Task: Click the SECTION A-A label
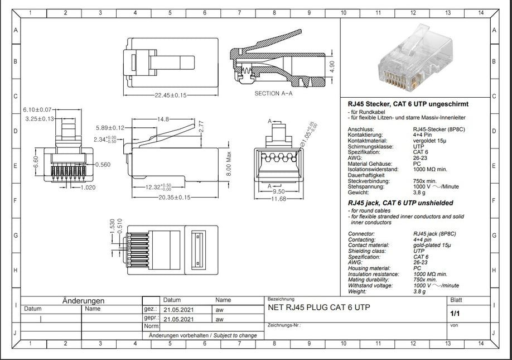coord(273,93)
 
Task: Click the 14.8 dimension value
coord(162,119)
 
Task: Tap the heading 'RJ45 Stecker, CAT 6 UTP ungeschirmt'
coord(408,104)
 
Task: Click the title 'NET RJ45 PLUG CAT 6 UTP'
coord(318,308)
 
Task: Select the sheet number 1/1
coord(454,314)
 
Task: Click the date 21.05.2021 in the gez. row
coord(179,309)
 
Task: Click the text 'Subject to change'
coord(234,335)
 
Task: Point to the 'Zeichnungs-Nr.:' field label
coord(284,324)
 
